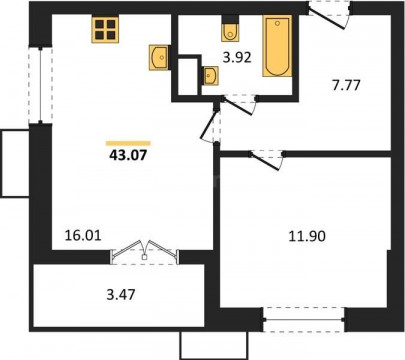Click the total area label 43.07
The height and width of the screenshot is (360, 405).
point(128,155)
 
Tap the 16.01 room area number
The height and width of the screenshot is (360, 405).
point(83,236)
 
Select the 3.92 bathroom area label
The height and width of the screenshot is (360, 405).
point(237,58)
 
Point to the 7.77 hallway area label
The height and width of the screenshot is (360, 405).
point(346,85)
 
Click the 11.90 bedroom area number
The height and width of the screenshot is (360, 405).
point(307,236)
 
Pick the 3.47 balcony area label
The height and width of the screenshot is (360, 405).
point(121,295)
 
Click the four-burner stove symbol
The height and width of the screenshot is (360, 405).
point(105,30)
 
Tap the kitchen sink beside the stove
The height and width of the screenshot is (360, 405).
point(159,58)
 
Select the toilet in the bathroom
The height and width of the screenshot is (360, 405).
point(230,30)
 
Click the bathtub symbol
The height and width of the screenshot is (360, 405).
point(277,46)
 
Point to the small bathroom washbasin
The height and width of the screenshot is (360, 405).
point(210,76)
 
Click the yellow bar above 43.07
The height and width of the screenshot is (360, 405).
point(128,143)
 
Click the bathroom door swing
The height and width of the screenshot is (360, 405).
point(239,105)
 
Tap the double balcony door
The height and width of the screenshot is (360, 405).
point(144,252)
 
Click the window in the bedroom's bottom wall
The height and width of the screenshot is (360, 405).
point(304,320)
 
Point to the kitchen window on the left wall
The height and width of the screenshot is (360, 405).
point(40,85)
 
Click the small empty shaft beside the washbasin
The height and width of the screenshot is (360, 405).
point(188,77)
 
